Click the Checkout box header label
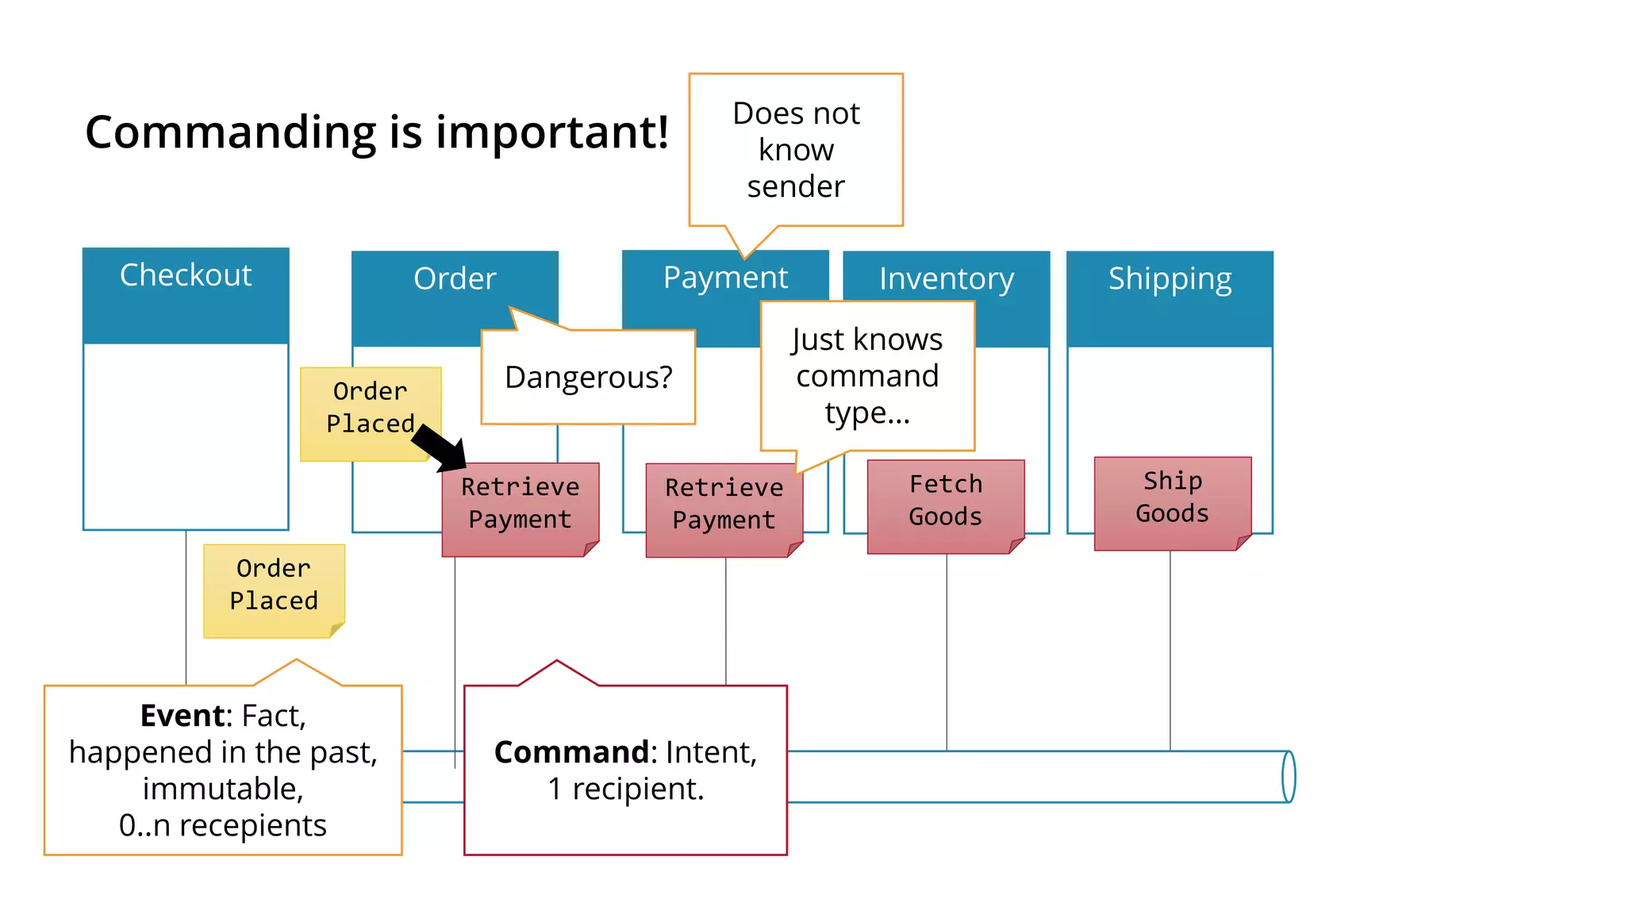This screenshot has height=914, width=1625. tap(186, 275)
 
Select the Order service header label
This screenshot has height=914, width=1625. tap(455, 278)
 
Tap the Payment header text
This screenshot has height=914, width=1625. tap(725, 278)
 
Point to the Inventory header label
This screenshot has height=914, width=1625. tap(946, 278)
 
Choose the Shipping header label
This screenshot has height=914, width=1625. tap(1170, 278)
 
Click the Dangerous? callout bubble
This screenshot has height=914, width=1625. tap(588, 377)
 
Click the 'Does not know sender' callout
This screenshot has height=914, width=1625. tap(796, 150)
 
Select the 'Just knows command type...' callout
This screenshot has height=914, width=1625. tap(867, 376)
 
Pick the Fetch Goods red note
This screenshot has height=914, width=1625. tap(946, 501)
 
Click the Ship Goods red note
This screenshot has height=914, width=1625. tap(1172, 498)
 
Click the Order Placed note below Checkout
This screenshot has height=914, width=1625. tap(274, 586)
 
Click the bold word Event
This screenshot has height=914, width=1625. tap(182, 716)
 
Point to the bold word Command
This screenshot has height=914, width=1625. tap(571, 752)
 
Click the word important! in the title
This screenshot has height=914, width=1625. tap(552, 132)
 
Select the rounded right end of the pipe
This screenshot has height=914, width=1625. tap(1289, 777)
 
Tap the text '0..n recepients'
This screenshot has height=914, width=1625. tap(223, 825)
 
